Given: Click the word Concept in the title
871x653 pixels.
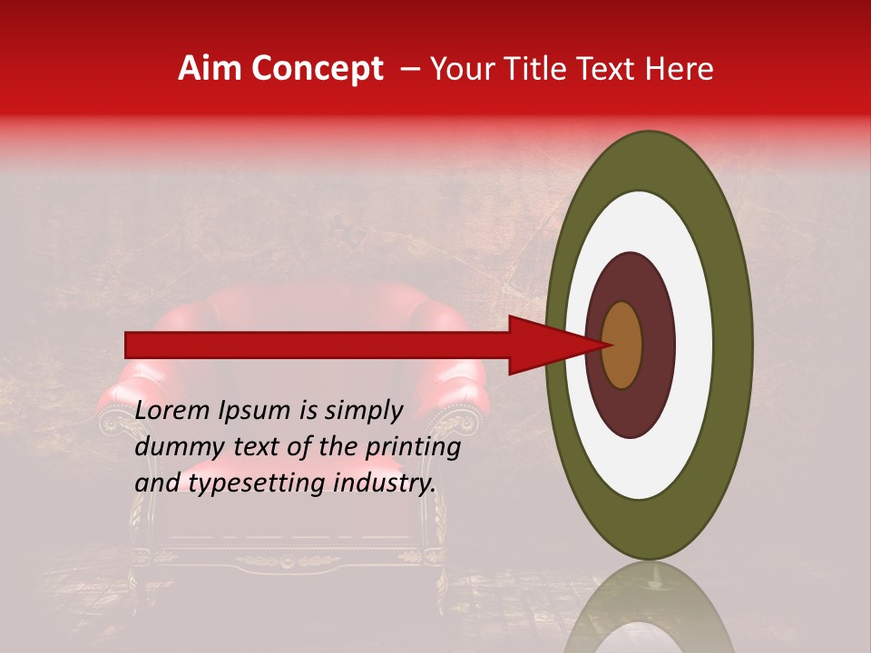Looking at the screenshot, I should click(316, 69).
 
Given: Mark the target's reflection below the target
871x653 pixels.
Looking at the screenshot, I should click(650, 608).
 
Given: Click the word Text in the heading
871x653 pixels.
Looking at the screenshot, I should click(612, 69).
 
